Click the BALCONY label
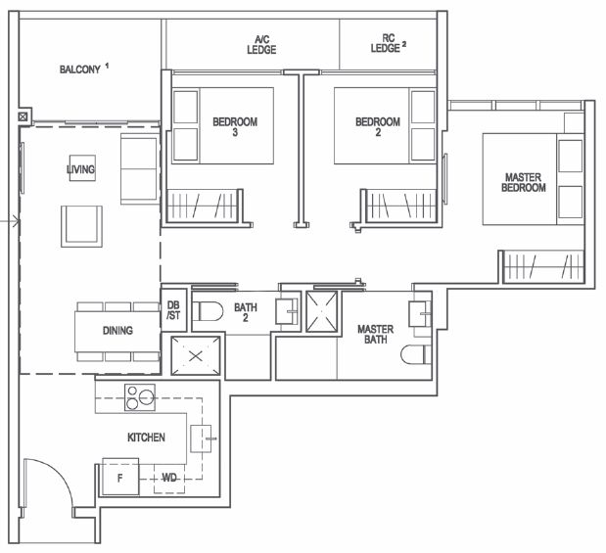(x=80, y=69)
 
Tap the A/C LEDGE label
(x=261, y=45)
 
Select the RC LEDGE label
(x=386, y=43)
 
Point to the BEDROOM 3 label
(x=235, y=127)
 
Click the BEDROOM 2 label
(x=378, y=127)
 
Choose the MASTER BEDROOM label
(x=524, y=182)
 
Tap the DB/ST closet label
(x=173, y=310)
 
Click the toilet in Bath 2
(x=208, y=311)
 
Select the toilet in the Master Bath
(x=415, y=354)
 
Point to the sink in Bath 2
(x=287, y=311)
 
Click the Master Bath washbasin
(x=420, y=314)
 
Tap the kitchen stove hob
(x=140, y=397)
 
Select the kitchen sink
(x=202, y=438)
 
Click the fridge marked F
(x=120, y=477)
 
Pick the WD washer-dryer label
(x=169, y=478)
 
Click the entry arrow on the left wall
(x=10, y=221)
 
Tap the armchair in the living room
(x=81, y=226)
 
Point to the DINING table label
(x=117, y=331)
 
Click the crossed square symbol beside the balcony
(x=23, y=115)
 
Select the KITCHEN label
(x=146, y=438)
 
